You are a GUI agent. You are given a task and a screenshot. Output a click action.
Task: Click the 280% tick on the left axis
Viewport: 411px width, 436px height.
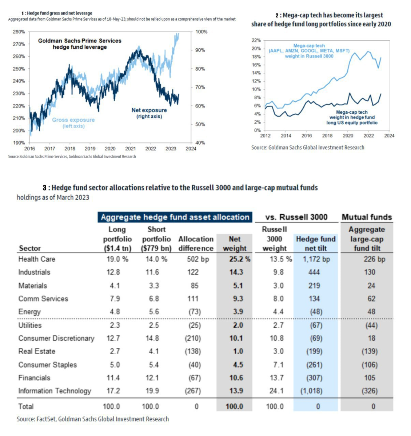(x=19, y=32)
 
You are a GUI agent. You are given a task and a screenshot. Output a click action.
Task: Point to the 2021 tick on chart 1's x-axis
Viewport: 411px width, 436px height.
(x=130, y=149)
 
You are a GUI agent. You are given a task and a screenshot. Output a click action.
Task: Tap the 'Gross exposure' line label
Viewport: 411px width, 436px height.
(x=73, y=120)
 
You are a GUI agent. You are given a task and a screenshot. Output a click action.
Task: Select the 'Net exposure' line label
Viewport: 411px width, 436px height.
(x=149, y=110)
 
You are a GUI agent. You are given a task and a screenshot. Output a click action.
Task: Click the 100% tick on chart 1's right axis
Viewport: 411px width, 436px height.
(x=201, y=32)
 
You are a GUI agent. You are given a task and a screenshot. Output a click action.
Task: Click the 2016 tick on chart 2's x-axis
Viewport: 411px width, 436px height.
(x=307, y=136)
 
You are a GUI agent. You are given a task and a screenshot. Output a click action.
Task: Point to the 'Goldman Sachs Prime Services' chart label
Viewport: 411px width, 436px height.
(x=80, y=41)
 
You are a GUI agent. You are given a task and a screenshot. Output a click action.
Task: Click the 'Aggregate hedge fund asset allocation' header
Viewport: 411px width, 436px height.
(x=175, y=217)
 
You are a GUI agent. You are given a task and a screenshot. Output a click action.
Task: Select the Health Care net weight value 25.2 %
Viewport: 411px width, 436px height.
(x=235, y=259)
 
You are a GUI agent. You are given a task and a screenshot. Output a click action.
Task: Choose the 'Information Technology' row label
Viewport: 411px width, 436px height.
(x=55, y=391)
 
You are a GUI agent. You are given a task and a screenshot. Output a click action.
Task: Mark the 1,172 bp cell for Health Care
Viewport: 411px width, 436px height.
(x=316, y=259)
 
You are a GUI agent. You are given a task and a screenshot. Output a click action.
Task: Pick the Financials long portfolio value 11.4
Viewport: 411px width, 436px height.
(x=113, y=378)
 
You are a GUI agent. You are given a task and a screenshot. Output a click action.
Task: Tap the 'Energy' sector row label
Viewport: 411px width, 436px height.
(x=29, y=312)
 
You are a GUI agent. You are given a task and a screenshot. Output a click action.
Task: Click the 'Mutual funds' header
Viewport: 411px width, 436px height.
(x=367, y=217)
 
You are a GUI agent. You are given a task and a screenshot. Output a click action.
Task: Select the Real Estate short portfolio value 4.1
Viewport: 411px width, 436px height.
(x=154, y=351)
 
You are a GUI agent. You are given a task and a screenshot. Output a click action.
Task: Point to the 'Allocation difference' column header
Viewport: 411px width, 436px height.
(x=196, y=243)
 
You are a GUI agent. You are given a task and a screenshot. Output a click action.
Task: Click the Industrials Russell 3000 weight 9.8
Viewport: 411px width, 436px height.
(x=278, y=272)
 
